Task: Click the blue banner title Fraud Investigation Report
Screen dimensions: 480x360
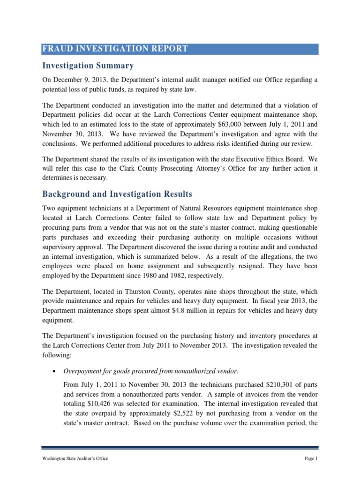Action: pyautogui.click(x=116, y=49)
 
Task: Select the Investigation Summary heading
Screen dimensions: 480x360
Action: pyautogui.click(x=88, y=66)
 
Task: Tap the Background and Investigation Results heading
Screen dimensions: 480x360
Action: pyautogui.click(x=117, y=194)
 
